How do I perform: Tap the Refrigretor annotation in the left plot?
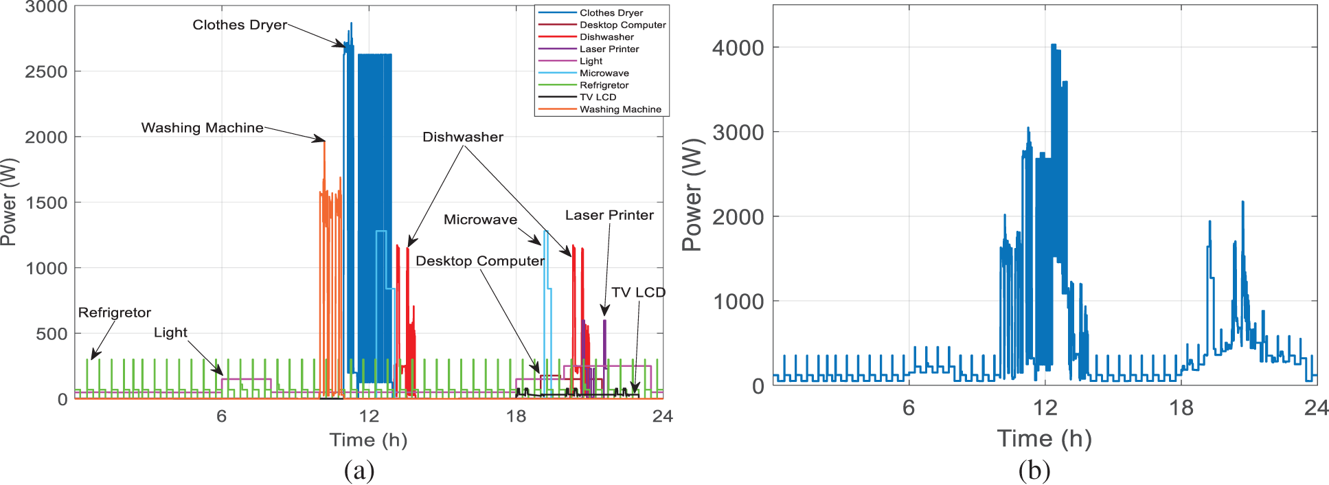[114, 313]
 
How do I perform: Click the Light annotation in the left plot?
[170, 332]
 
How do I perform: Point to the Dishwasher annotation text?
[462, 137]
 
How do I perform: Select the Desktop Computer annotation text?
[479, 261]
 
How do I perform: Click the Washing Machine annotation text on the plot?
[202, 128]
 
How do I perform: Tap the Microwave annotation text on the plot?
[480, 220]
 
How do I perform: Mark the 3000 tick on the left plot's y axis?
[46, 8]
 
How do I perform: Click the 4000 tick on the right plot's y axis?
[738, 48]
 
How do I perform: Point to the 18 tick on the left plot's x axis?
[516, 416]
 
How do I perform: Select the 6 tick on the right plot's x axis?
[909, 408]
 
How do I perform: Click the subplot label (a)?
[359, 471]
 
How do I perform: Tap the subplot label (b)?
[1034, 471]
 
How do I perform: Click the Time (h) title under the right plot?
[1044, 438]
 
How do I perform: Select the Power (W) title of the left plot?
[9, 203]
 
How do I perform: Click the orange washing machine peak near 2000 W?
[324, 142]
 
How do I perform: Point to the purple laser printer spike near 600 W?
[604, 322]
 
